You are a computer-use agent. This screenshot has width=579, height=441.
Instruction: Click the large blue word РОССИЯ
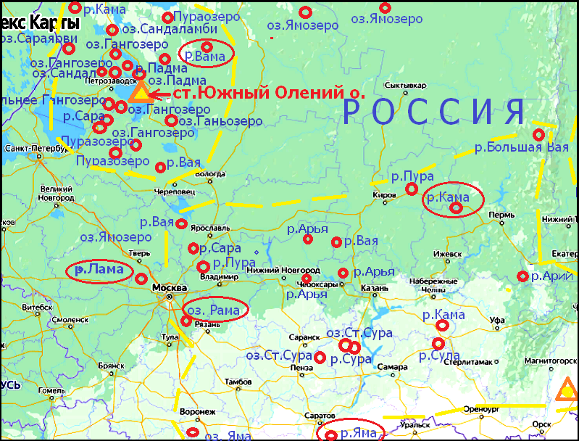[x=433, y=112]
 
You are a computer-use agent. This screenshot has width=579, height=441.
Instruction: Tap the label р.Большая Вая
[x=521, y=148]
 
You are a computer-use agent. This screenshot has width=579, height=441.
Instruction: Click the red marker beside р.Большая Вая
[x=538, y=135]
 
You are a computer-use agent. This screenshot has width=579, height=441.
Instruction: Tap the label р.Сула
[x=439, y=356]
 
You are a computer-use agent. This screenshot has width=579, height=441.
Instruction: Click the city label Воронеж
[x=197, y=411]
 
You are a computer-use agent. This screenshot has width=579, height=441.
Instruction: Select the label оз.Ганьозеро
[x=220, y=121]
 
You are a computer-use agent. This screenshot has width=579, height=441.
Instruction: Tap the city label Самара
[x=392, y=368]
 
